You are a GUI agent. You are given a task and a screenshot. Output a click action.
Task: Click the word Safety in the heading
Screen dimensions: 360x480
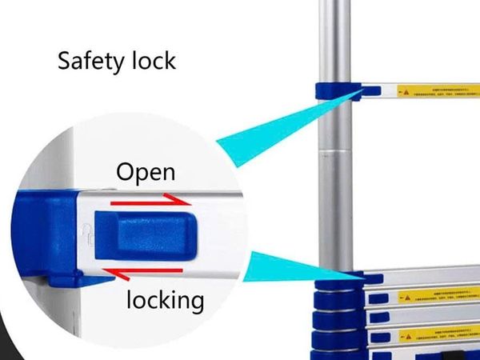pos(87,62)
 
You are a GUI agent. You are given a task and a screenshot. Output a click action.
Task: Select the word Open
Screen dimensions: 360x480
pos(145,172)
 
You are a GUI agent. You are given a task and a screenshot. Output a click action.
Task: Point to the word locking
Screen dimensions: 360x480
pos(165,301)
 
